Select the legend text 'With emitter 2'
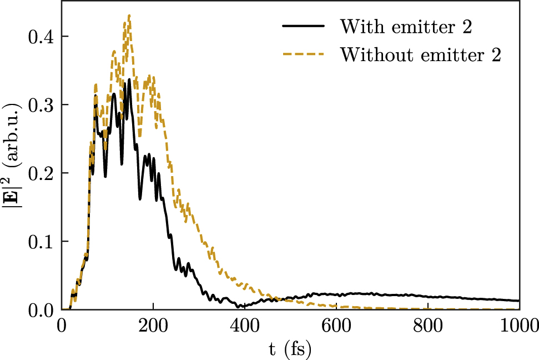pyautogui.click(x=406, y=26)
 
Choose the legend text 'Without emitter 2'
pyautogui.click(x=421, y=54)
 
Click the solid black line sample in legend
pyautogui.click(x=304, y=26)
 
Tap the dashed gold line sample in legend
pyautogui.click(x=304, y=54)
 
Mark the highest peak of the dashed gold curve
pyautogui.click(x=129, y=15)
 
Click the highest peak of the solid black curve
pyautogui.click(x=129, y=79)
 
